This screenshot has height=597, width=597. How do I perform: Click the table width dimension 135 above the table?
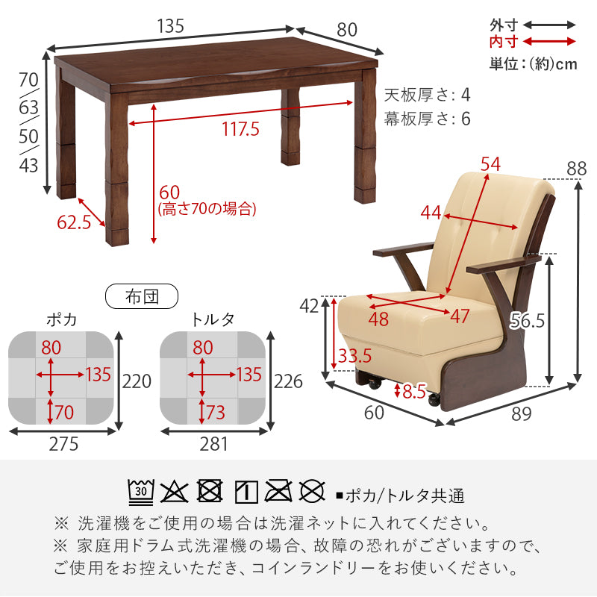pos(171,26)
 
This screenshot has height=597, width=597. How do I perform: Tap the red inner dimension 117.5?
pos(240,129)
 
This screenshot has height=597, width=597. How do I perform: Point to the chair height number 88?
pos(576,169)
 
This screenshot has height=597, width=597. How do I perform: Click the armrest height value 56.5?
pos(528,321)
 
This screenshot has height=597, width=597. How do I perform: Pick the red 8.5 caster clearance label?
pos(413,391)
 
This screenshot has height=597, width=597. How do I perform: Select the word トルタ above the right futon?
pos(213,319)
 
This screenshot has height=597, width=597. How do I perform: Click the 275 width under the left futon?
pos(63,445)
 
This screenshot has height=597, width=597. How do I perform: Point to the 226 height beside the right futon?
pos(288,382)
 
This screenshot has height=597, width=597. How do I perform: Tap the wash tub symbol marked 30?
pos(140,492)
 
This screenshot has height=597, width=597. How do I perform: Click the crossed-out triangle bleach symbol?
pos(174,492)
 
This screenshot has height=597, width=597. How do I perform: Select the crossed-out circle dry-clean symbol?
pos(312,492)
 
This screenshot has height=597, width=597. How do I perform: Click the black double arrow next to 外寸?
pos(551,25)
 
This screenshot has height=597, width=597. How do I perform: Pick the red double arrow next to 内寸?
pos(551,42)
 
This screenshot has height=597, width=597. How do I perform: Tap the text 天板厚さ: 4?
pos(428,96)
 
